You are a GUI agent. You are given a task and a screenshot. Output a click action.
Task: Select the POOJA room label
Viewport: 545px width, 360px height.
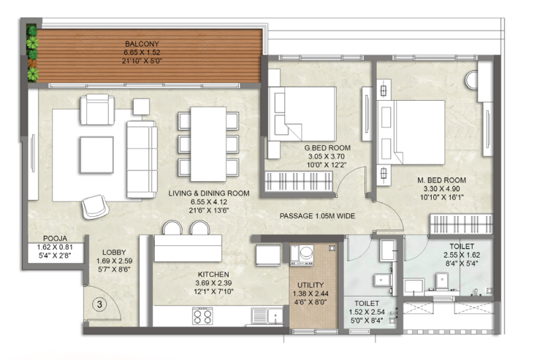[x=56, y=237]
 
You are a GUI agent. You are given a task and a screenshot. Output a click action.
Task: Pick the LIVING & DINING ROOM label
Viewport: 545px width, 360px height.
[x=209, y=194]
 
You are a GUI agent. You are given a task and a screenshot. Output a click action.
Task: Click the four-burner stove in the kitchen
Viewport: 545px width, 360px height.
[x=202, y=315]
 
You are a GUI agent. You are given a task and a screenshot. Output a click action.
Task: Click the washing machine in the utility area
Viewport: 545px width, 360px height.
[x=301, y=253]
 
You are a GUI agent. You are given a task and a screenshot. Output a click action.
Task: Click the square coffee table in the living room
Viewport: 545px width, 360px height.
[x=96, y=151]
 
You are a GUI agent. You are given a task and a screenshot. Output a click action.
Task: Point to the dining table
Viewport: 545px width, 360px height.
[x=208, y=142]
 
